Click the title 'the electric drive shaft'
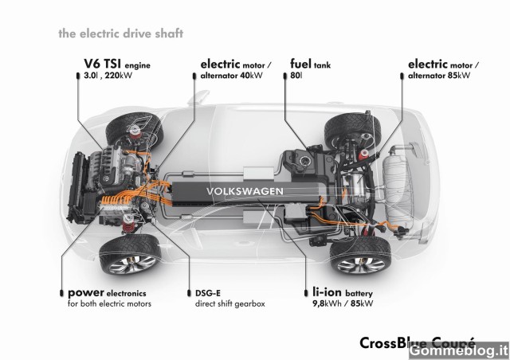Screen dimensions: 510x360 click(x=120, y=33)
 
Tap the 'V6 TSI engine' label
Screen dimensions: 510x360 click(x=117, y=64)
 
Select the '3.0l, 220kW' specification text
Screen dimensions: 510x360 click(x=108, y=76)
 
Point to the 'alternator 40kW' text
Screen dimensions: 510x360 click(x=231, y=76)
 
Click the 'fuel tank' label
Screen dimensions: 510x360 click(x=310, y=64)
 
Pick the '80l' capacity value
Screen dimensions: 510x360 click(x=296, y=76)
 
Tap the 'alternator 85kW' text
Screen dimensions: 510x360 click(x=439, y=76)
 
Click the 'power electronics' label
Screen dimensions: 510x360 click(x=107, y=292)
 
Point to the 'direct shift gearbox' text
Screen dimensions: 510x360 click(x=230, y=304)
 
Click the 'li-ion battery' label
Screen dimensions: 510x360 click(x=343, y=292)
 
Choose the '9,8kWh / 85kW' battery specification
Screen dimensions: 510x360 click(x=343, y=304)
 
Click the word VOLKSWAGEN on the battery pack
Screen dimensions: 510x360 click(x=245, y=191)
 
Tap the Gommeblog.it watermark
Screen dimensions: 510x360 click(x=459, y=350)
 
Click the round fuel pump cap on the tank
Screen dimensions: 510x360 click(x=305, y=160)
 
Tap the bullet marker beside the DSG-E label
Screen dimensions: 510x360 click(x=190, y=293)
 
